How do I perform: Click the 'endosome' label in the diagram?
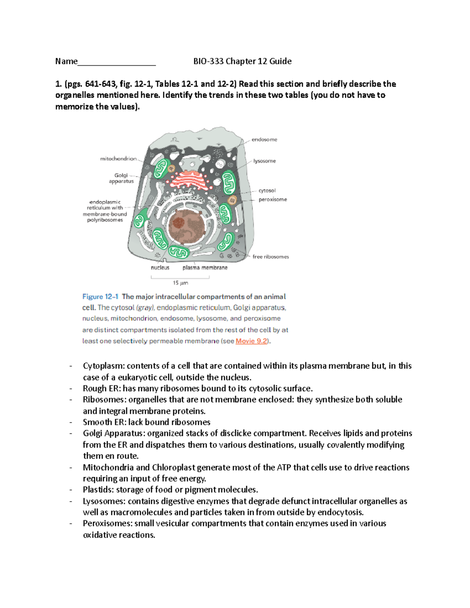tap(264, 139)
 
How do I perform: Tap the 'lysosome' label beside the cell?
tap(264, 161)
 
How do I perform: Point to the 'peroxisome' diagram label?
tap(273, 199)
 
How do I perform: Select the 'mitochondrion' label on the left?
tap(118, 159)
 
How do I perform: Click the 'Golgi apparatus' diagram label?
tap(121, 178)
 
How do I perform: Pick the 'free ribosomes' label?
tap(270, 256)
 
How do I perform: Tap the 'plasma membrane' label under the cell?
tap(205, 267)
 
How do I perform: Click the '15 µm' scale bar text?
tap(181, 283)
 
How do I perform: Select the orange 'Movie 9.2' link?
tap(251, 341)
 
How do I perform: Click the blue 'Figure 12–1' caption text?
tap(100, 296)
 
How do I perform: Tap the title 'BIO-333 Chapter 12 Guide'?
tap(242, 61)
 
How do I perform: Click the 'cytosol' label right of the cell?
tap(267, 190)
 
